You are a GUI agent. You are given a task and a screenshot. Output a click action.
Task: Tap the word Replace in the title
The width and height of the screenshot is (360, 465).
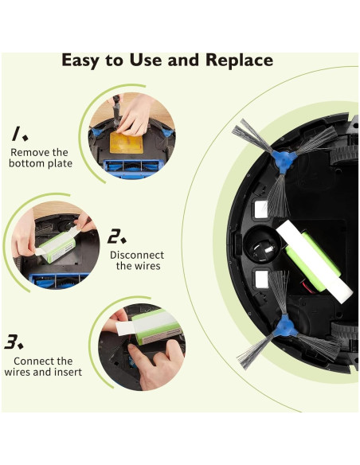pos(236,61)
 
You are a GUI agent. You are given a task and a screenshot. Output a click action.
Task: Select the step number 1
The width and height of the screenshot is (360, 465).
pos(16,132)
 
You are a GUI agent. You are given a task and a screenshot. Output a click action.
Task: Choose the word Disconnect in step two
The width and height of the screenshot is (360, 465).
pos(136,255)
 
